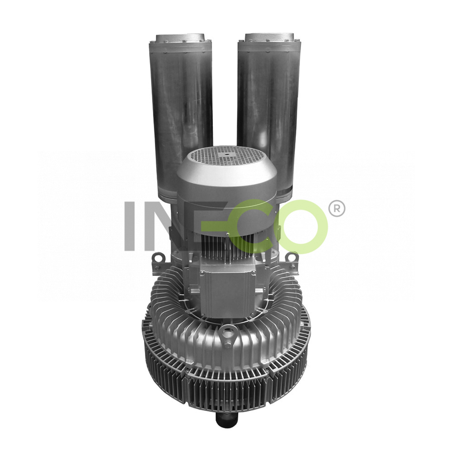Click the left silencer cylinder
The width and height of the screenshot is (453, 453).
coord(181,116)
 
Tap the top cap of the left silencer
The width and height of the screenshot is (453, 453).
coord(180,39)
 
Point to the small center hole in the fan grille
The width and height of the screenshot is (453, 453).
coord(227,155)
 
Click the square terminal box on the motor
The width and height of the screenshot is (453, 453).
coord(228,291)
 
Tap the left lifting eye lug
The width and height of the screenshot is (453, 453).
coord(158,256)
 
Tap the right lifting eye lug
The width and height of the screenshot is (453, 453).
coord(293,256)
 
